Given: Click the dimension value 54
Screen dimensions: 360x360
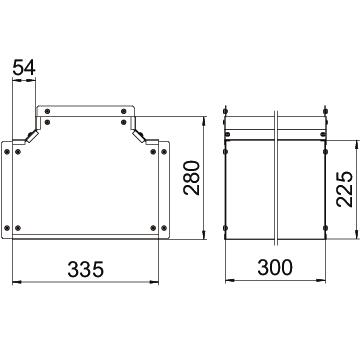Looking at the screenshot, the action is coord(24,68).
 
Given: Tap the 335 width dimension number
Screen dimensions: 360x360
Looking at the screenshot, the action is coord(86,269).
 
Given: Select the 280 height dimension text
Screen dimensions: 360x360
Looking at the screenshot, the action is coord(192,178).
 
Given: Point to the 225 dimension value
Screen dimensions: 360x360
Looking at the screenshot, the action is coord(345,189).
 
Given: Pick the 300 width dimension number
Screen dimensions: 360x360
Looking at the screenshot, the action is coord(275,267).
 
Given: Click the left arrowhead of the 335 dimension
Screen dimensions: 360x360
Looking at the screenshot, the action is coord(17,282).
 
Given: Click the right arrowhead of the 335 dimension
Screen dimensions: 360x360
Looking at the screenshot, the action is coord(154,282).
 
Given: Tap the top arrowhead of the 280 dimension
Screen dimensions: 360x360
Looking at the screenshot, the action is coord(204,121).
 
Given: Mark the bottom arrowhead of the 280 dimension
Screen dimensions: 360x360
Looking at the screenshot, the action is coord(204,235).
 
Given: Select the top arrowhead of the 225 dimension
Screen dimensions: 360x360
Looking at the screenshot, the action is coord(356,145).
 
